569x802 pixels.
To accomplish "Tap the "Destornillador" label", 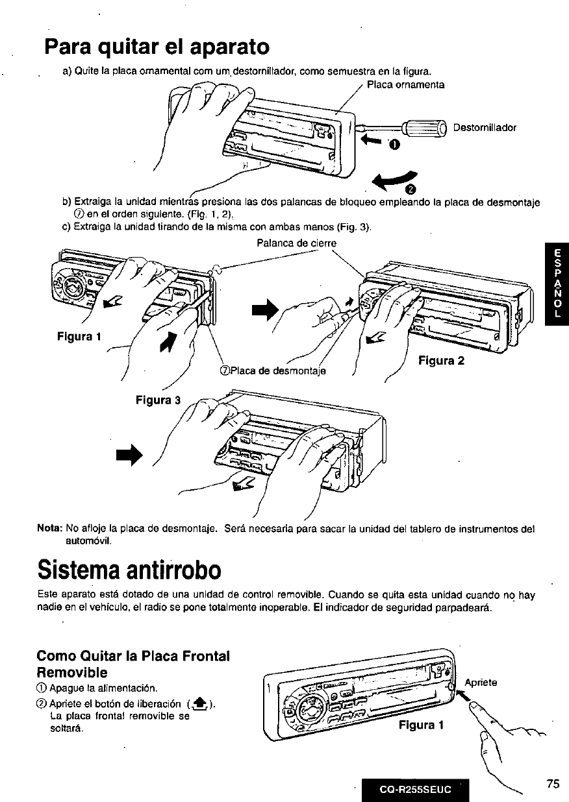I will pyautogui.click(x=485, y=127).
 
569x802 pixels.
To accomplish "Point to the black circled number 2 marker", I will pyautogui.click(x=410, y=189).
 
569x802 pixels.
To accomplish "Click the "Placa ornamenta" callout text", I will pyautogui.click(x=405, y=85).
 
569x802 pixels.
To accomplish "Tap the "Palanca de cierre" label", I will pyautogui.click(x=296, y=243).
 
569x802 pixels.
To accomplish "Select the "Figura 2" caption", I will pyautogui.click(x=442, y=361).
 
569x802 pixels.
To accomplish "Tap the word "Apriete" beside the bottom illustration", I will pyautogui.click(x=481, y=683).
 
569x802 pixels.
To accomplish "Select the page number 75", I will pyautogui.click(x=552, y=784).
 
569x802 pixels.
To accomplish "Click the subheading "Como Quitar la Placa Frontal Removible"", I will pyautogui.click(x=133, y=663).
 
